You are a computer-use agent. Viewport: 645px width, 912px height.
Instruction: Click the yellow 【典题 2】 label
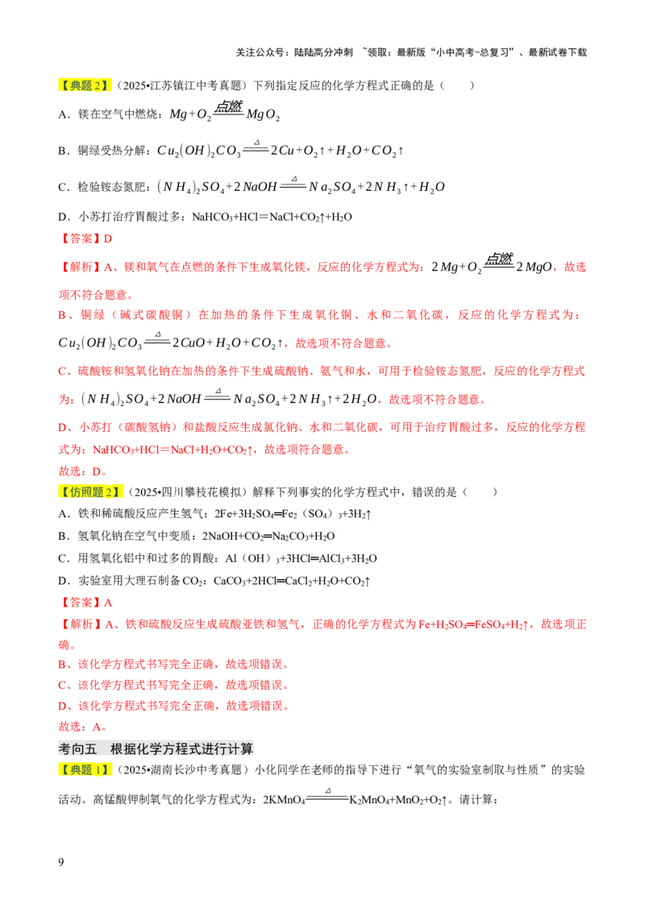tap(86, 86)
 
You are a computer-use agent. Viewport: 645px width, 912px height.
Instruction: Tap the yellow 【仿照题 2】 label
tap(93, 492)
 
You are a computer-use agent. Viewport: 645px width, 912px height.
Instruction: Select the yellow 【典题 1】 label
tap(86, 769)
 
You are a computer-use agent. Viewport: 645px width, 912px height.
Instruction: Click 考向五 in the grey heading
tap(77, 748)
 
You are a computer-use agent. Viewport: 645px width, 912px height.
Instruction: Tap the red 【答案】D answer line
tap(86, 238)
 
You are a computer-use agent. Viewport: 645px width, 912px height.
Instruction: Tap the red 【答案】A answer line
tap(86, 602)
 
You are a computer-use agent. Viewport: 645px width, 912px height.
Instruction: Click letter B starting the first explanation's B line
tap(62, 316)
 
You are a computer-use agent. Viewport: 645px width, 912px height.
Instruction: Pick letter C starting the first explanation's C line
tap(62, 371)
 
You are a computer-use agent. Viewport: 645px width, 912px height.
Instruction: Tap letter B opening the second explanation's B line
tap(62, 665)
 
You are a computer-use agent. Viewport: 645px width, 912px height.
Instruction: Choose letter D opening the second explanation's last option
tap(62, 707)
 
